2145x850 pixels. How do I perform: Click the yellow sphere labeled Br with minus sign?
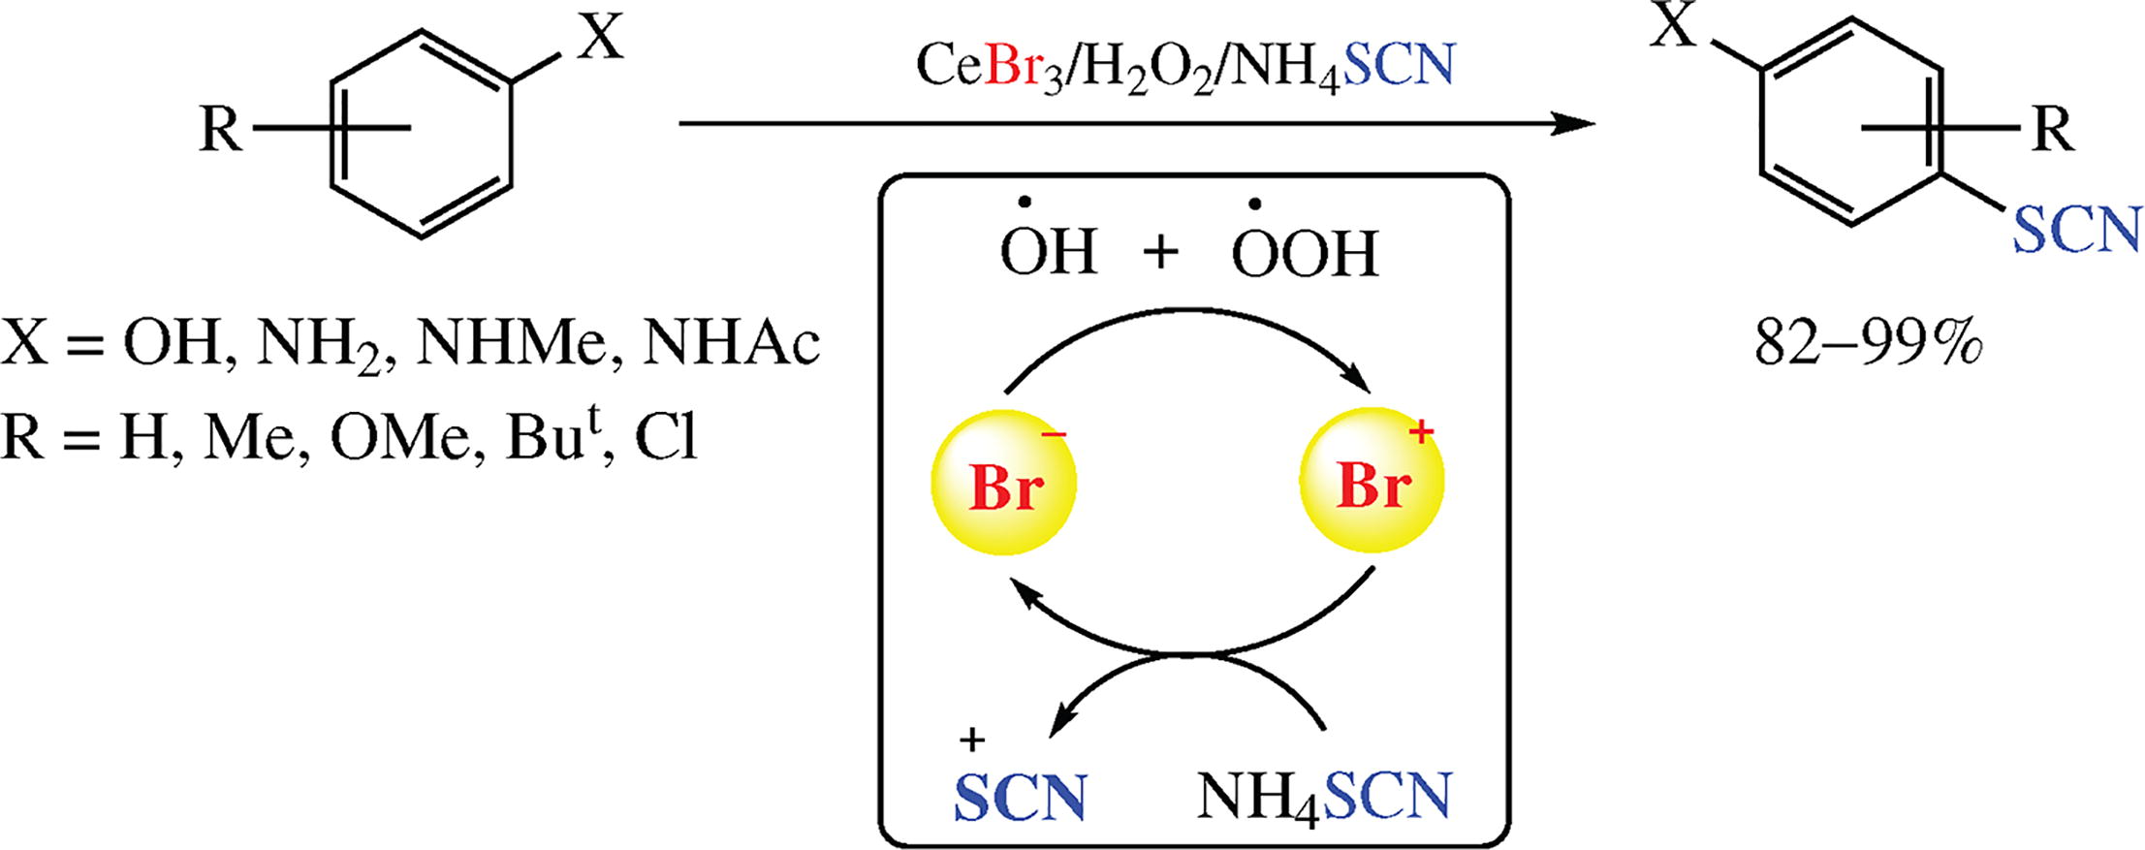point(1003,482)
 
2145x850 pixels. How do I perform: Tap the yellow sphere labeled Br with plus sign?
point(1372,482)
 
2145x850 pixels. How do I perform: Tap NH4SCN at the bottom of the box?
point(1324,797)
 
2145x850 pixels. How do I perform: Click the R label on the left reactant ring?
point(220,128)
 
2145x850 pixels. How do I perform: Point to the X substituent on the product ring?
point(1675,26)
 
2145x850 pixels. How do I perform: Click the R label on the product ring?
point(2051,128)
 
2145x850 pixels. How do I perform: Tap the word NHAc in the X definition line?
point(732,343)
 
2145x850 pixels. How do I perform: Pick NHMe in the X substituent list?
point(518,343)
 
